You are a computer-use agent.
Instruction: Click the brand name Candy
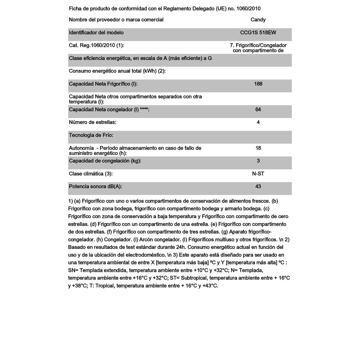258,20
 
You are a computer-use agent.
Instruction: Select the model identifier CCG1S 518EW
258,33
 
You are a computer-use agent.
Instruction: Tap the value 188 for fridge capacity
258,84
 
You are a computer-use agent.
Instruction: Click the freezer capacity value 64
258,109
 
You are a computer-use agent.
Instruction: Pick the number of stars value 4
258,122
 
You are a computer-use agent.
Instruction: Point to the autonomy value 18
258,148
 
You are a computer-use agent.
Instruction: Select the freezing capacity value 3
258,161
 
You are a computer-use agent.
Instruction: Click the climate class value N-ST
258,174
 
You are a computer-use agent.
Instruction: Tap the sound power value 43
258,187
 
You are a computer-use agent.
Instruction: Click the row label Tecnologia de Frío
91,135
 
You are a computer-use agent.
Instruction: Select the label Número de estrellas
93,122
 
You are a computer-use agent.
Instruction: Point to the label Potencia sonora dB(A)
95,187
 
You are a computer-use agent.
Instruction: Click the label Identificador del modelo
96,33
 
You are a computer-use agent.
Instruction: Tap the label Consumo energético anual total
117,71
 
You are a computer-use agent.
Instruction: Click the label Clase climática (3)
91,174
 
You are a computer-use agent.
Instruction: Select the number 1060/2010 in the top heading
248,9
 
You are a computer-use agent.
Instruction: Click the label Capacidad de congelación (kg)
105,161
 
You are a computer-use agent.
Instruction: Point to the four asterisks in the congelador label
144,110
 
